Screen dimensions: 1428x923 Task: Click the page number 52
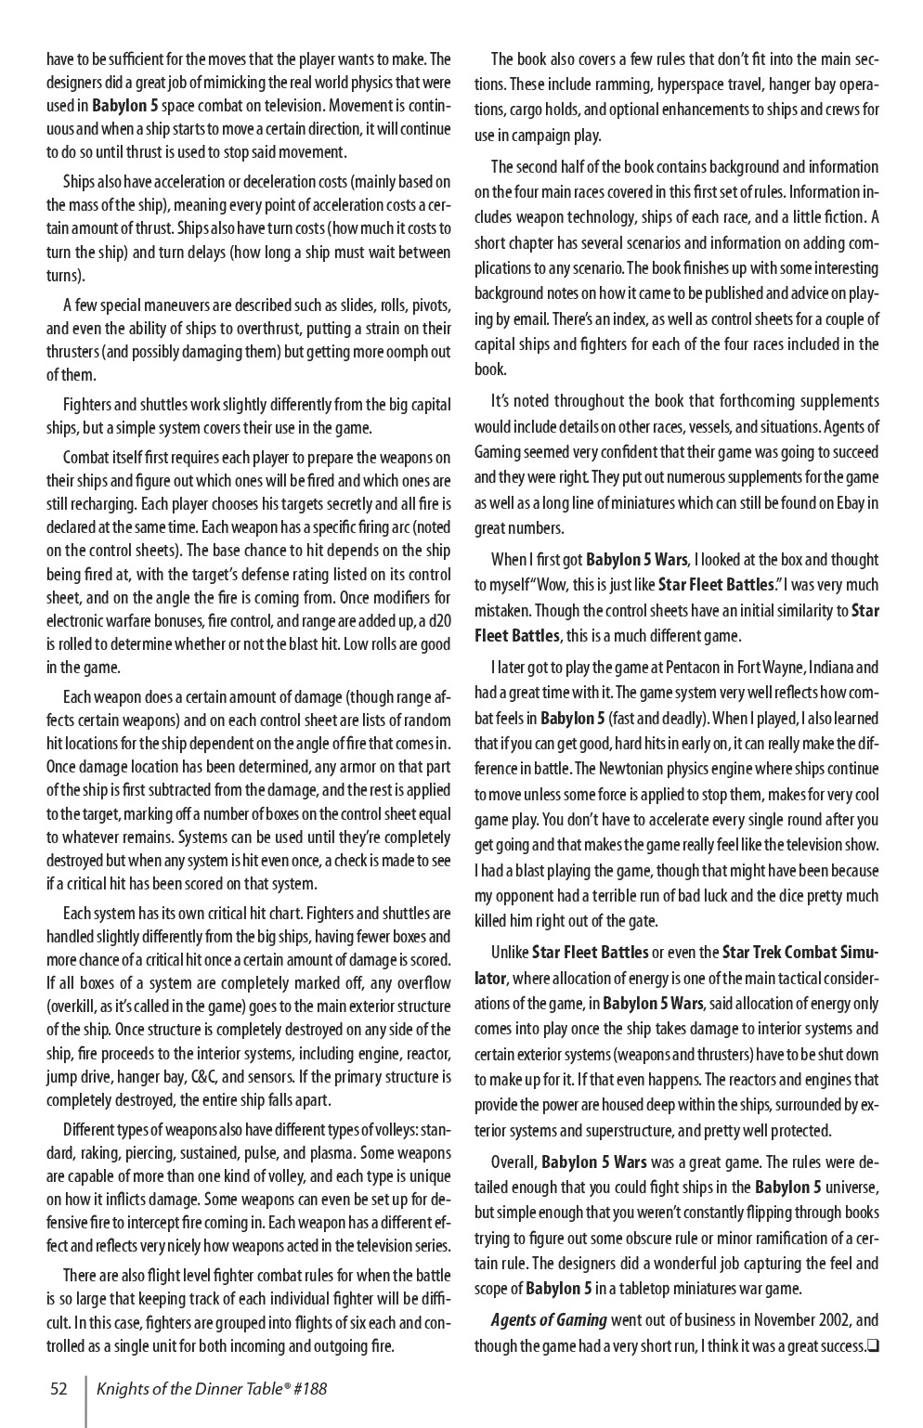58,1389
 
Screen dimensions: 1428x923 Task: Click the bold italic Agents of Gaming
549,1320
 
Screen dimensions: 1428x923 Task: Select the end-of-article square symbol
872,1346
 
